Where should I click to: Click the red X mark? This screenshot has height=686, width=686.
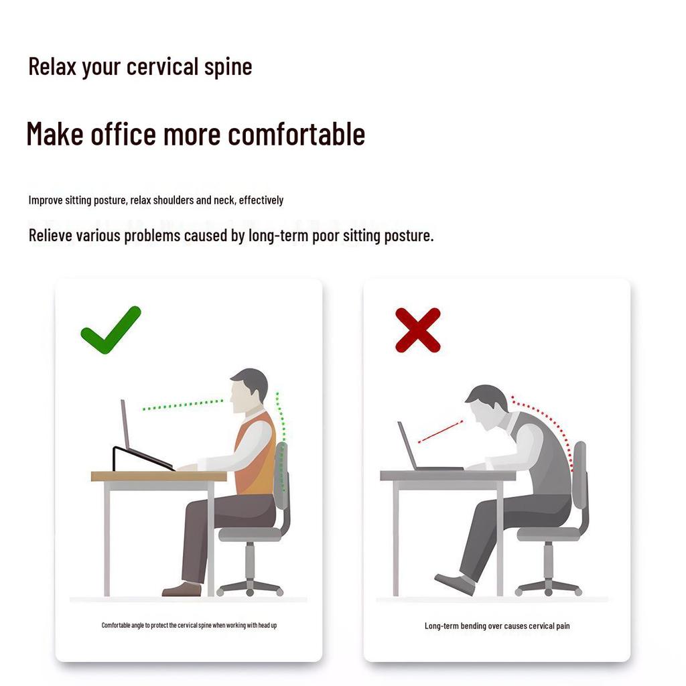(418, 330)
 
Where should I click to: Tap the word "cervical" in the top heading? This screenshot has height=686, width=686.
(162, 67)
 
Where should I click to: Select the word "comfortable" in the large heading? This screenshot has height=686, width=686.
(296, 134)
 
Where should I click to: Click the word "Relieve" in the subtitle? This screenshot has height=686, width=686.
(50, 235)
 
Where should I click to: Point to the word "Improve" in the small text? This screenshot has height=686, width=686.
(46, 200)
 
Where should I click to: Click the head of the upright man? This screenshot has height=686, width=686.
(248, 391)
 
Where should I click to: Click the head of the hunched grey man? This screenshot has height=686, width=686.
(486, 407)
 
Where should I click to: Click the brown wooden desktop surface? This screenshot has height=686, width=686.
(159, 476)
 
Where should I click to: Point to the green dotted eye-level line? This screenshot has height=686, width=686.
(183, 404)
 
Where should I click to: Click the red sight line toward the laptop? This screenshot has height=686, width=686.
(441, 432)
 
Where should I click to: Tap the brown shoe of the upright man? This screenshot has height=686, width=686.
(182, 589)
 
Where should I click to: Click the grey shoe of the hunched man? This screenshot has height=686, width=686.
(455, 584)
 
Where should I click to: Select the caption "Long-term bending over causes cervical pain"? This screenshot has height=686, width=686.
(497, 626)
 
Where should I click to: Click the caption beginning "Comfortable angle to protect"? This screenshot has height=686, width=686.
(189, 625)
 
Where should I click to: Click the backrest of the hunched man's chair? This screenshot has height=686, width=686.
(579, 475)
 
